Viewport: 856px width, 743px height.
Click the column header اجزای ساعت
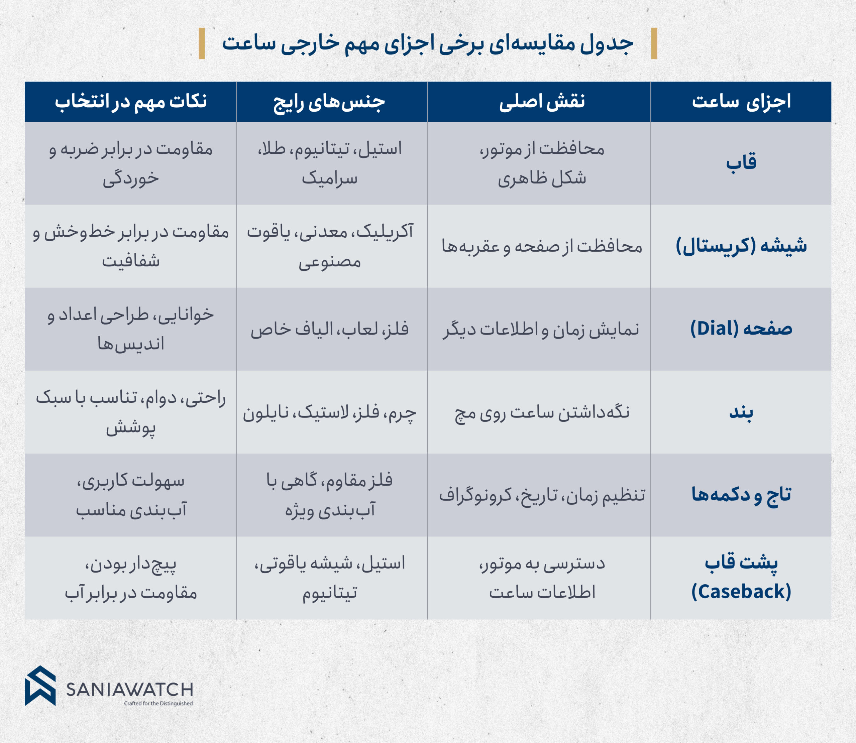[x=741, y=102]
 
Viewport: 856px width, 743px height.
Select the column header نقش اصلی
[x=542, y=102]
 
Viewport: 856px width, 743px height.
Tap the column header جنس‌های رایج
[x=329, y=102]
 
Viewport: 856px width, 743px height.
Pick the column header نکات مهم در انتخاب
[x=131, y=102]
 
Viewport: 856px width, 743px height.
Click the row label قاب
[x=741, y=162]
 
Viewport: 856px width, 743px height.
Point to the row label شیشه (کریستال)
[x=741, y=246]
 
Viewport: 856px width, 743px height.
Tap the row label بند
[x=741, y=412]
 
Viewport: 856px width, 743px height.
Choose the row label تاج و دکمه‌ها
[x=741, y=495]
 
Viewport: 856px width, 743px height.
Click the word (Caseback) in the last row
[x=741, y=592]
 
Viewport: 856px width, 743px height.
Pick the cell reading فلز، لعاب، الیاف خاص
[x=329, y=330]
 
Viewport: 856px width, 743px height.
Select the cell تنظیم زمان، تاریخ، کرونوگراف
[x=542, y=495]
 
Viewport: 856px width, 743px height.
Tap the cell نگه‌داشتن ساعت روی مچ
[x=542, y=412]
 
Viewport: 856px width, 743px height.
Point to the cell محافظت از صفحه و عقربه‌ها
[x=542, y=247]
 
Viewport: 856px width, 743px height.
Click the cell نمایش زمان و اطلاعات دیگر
[x=542, y=330]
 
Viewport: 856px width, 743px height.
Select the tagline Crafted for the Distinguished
[x=158, y=703]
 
